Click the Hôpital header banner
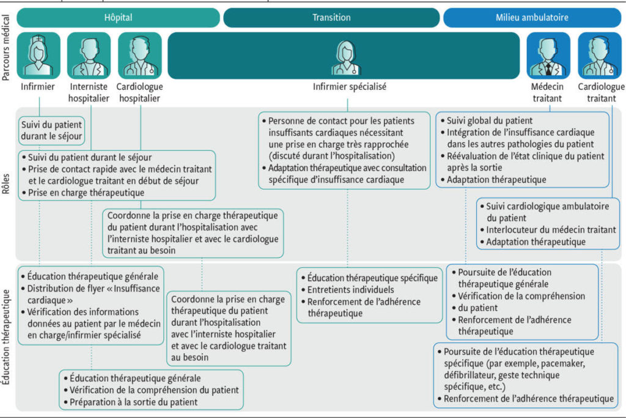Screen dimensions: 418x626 [118, 18]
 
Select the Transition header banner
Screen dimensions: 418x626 [331, 18]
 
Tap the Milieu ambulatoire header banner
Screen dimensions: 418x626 [532, 18]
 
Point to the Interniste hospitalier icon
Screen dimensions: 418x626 [89, 55]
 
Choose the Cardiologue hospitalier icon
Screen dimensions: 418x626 [140, 55]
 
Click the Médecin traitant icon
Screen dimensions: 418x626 [548, 55]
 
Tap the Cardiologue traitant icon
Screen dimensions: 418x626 [600, 55]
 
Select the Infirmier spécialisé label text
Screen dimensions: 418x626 [350, 87]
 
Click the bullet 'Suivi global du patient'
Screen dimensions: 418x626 [490, 121]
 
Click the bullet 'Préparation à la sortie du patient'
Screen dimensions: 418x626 [133, 402]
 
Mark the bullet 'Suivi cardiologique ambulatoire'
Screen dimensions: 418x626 [548, 207]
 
